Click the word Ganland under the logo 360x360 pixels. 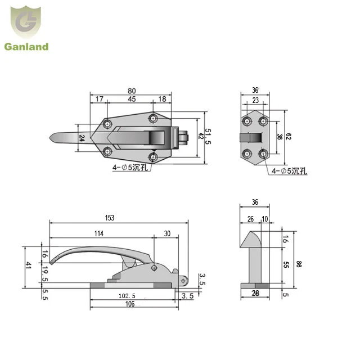pos(27,47)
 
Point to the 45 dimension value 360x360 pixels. pos(131,100)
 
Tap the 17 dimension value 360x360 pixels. pos(98,100)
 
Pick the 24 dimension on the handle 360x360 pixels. pos(82,138)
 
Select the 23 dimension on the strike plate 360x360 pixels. pos(255,100)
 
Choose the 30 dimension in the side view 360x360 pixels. pos(166,233)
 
